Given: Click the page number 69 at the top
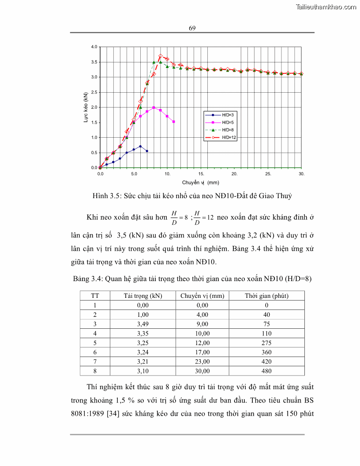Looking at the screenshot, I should (192, 28).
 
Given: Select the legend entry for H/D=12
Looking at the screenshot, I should (229, 138).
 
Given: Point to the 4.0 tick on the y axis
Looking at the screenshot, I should (94, 47).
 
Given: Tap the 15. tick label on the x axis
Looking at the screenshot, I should (201, 174).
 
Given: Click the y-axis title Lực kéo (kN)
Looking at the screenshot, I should (86, 107).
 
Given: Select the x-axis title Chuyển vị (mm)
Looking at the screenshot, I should (200, 182).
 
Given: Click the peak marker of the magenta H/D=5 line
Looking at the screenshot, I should (154, 107).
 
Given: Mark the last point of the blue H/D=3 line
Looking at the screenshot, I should (147, 151).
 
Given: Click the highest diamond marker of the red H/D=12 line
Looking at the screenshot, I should (161, 56).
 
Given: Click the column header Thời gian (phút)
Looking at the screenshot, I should (266, 296).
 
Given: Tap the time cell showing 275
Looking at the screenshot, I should (266, 343).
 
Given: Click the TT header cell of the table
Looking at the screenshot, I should (95, 296).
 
